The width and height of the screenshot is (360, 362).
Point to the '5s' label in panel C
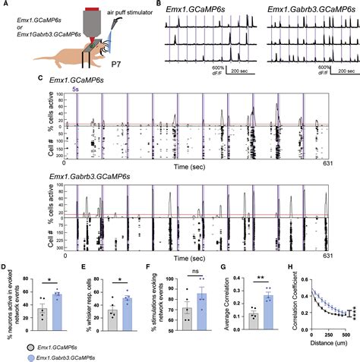point(75,89)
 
